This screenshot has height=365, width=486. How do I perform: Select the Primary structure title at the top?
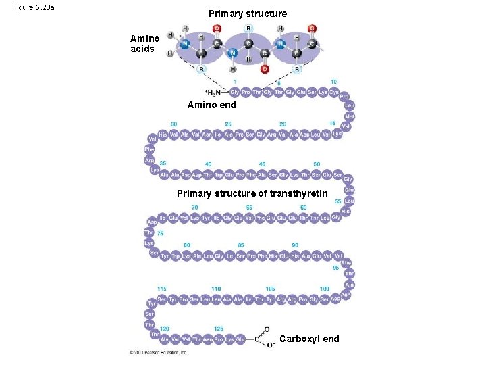247,14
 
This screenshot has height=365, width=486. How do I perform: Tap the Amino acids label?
144,44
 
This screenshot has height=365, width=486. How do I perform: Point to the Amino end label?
211,105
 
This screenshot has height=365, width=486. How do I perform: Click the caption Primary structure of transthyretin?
252,194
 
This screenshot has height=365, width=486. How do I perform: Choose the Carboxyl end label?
309,339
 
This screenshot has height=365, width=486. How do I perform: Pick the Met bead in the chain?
350,116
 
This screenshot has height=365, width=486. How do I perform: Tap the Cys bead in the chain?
334,93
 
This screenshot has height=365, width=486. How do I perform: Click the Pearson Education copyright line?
159,352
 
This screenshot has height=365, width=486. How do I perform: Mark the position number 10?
333,82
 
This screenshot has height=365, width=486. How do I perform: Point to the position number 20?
283,124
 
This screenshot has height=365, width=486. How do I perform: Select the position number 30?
174,124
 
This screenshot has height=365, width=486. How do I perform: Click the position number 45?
262,164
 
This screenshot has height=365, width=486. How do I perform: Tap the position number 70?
195,208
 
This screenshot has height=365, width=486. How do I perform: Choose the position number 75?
160,233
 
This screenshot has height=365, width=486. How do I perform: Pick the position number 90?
295,245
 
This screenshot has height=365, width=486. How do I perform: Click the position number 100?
325,289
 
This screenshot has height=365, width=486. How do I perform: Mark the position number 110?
216,289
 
